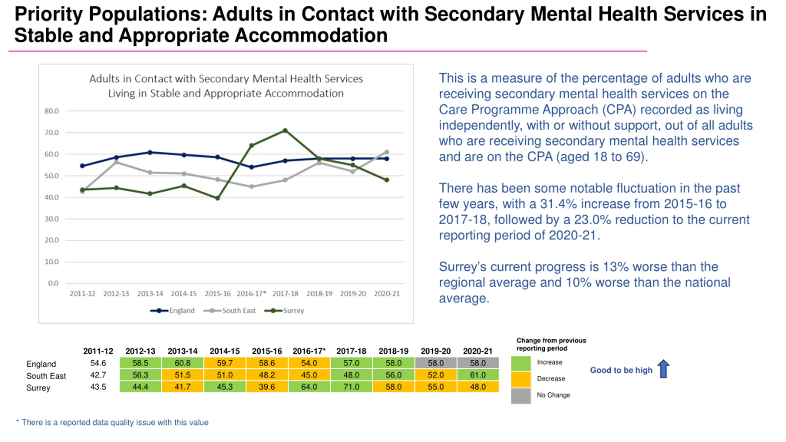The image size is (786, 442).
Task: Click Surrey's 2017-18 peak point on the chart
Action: click(x=285, y=130)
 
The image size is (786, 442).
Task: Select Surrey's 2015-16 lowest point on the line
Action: click(x=217, y=198)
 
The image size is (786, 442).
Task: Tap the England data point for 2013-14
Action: click(x=150, y=153)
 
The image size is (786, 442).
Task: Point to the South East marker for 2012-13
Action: click(x=116, y=162)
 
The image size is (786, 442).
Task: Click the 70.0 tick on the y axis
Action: click(x=52, y=133)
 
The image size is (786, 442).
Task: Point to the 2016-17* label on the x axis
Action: click(x=251, y=294)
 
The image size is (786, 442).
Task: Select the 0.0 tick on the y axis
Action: click(x=53, y=283)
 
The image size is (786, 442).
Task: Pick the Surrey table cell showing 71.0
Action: click(x=351, y=387)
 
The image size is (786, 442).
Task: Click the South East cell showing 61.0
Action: click(x=478, y=375)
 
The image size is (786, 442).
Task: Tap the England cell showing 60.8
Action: click(x=182, y=363)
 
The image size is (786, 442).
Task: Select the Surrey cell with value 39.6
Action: click(x=267, y=387)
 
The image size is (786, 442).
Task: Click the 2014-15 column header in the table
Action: click(x=224, y=351)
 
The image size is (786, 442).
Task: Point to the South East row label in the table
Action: click(x=46, y=376)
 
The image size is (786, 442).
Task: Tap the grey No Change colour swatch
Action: click(x=521, y=396)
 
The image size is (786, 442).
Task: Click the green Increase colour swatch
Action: click(x=521, y=363)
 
